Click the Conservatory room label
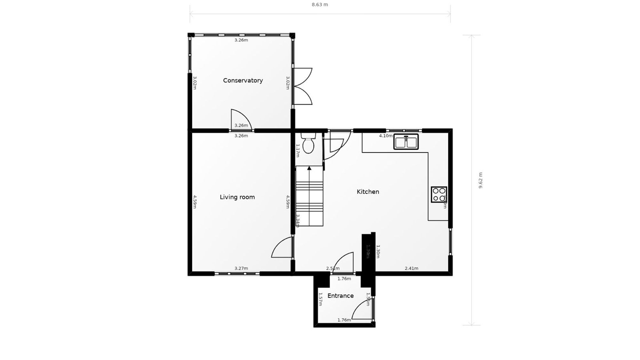[x=243, y=80]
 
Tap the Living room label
[x=237, y=197]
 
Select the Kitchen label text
[x=368, y=192]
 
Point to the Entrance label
[x=340, y=296]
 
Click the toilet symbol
[x=308, y=144]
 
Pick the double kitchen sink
[x=406, y=142]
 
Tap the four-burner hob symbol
[x=438, y=194]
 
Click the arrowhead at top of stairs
[x=309, y=168]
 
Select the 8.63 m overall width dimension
[x=320, y=5]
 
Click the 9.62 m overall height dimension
[x=480, y=180]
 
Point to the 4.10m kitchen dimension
[x=386, y=136]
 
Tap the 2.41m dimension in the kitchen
[x=411, y=268]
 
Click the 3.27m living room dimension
[x=241, y=268]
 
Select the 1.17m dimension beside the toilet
[x=297, y=150]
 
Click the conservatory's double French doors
[x=302, y=86]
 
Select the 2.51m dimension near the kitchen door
[x=332, y=268]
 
